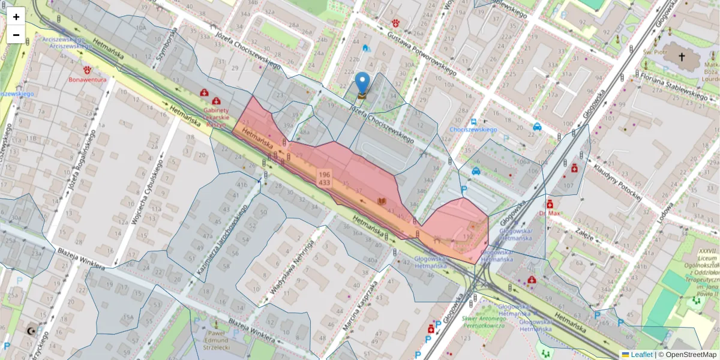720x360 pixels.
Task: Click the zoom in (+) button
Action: (x=16, y=16)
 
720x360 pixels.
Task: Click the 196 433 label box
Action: (x=325, y=178)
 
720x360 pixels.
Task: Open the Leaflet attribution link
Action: (x=641, y=355)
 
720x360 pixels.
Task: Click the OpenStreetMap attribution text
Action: (x=689, y=355)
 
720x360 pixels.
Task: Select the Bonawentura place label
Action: (x=88, y=79)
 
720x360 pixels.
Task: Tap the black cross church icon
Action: (x=681, y=57)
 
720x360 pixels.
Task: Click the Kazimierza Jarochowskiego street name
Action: (x=221, y=239)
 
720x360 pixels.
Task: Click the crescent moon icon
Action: (x=31, y=331)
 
